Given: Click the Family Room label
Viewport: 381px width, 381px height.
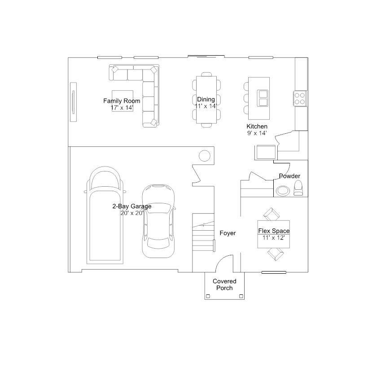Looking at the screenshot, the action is coord(122,101).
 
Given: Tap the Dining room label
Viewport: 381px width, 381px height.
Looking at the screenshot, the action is coord(206,99).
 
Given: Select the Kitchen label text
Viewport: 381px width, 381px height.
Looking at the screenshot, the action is coord(257,127).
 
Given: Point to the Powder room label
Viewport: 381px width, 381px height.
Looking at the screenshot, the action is coord(289,176).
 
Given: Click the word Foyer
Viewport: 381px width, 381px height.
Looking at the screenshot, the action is coord(228,233).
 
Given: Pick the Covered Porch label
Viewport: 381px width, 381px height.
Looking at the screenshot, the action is coord(224,285).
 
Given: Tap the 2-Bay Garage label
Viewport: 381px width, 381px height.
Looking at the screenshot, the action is coord(132,206).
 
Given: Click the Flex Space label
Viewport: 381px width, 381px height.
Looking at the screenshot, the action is coord(274,231).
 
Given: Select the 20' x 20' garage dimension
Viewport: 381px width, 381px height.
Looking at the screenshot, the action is coord(132,213).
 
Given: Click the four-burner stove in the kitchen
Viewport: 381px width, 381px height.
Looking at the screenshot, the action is coord(300,98).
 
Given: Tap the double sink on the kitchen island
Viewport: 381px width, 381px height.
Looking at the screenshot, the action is coord(263,98).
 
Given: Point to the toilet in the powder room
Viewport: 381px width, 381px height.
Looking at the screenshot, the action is coord(298,188).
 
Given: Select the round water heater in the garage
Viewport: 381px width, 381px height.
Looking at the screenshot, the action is coord(205,156).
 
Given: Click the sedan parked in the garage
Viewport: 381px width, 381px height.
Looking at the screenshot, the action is coord(158,221).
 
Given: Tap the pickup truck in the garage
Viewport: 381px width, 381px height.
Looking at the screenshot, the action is coord(105,215).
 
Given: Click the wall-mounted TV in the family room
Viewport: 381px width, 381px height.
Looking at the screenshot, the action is coord(74,102).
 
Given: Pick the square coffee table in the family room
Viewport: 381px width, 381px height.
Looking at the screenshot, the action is coord(123,101).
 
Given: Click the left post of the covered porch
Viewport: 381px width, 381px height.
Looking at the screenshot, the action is coord(208,296).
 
